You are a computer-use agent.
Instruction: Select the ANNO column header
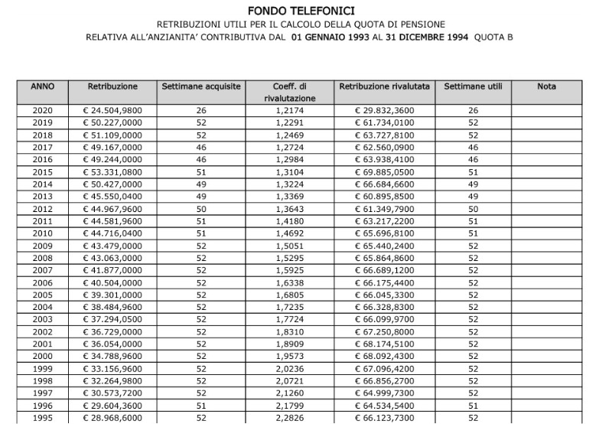point(42,87)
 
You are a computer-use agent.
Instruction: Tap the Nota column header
point(546,87)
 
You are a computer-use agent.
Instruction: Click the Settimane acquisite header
point(201,87)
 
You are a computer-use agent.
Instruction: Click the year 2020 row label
point(42,111)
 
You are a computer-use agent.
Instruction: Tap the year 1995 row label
point(42,418)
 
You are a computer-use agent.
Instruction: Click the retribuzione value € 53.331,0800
point(112,172)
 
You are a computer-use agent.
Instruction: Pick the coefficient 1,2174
point(290,111)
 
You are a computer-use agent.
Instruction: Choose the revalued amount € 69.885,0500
point(385,172)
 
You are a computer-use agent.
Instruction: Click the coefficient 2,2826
point(290,418)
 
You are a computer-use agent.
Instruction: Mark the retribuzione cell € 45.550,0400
point(112,197)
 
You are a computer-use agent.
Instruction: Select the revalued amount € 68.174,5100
point(385,344)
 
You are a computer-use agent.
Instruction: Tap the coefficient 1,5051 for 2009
point(290,246)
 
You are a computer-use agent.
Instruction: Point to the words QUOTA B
point(493,36)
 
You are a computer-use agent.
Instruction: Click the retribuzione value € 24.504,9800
point(112,111)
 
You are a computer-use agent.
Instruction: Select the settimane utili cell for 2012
point(473,209)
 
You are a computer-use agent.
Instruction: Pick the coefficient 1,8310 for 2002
point(290,332)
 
